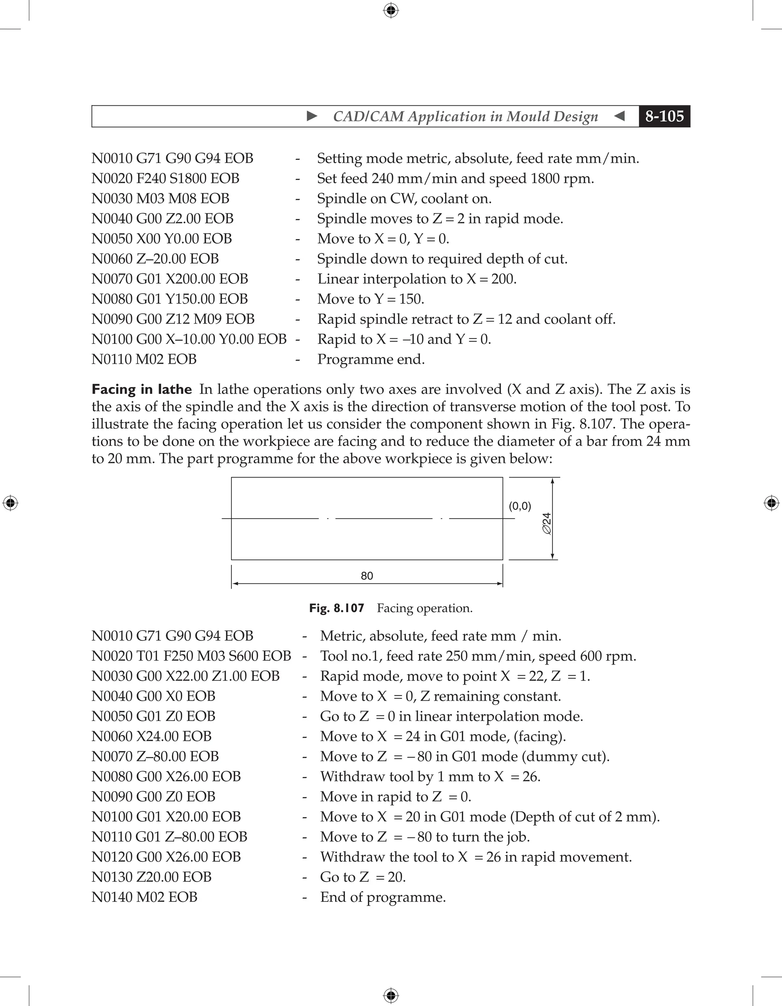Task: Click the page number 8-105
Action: tap(664, 116)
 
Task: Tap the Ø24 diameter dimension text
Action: tap(546, 523)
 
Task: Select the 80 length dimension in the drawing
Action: tap(367, 576)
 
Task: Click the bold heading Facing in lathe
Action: tap(141, 389)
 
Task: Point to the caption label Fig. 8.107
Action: tap(336, 608)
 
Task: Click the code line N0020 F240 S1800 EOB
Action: tap(165, 178)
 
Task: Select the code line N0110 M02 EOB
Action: tap(144, 359)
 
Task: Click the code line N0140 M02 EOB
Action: tap(144, 897)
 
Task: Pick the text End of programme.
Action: tap(383, 897)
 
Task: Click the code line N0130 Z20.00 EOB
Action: tap(151, 877)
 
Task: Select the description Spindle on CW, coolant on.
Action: tap(404, 198)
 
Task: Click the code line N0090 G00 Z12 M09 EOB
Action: tap(173, 319)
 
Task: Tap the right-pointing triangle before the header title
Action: tap(312, 116)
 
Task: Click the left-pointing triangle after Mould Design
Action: tap(619, 116)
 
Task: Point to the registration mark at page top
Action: tap(391, 10)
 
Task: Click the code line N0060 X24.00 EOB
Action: tap(151, 736)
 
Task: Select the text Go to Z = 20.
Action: tap(363, 877)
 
